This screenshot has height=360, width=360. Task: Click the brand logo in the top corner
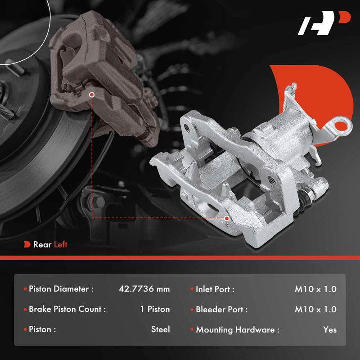(324, 23)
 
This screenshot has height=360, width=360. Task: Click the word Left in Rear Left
(61, 244)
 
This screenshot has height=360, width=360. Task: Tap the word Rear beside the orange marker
(42, 244)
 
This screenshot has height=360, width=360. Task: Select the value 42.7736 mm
(144, 289)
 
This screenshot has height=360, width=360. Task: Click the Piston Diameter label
(61, 289)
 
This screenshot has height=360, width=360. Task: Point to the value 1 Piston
(155, 309)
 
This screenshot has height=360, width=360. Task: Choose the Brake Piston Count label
(67, 309)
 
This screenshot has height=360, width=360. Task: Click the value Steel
(161, 329)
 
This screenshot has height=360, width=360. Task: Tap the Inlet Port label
(215, 289)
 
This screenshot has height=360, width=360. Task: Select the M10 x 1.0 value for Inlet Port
(316, 289)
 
